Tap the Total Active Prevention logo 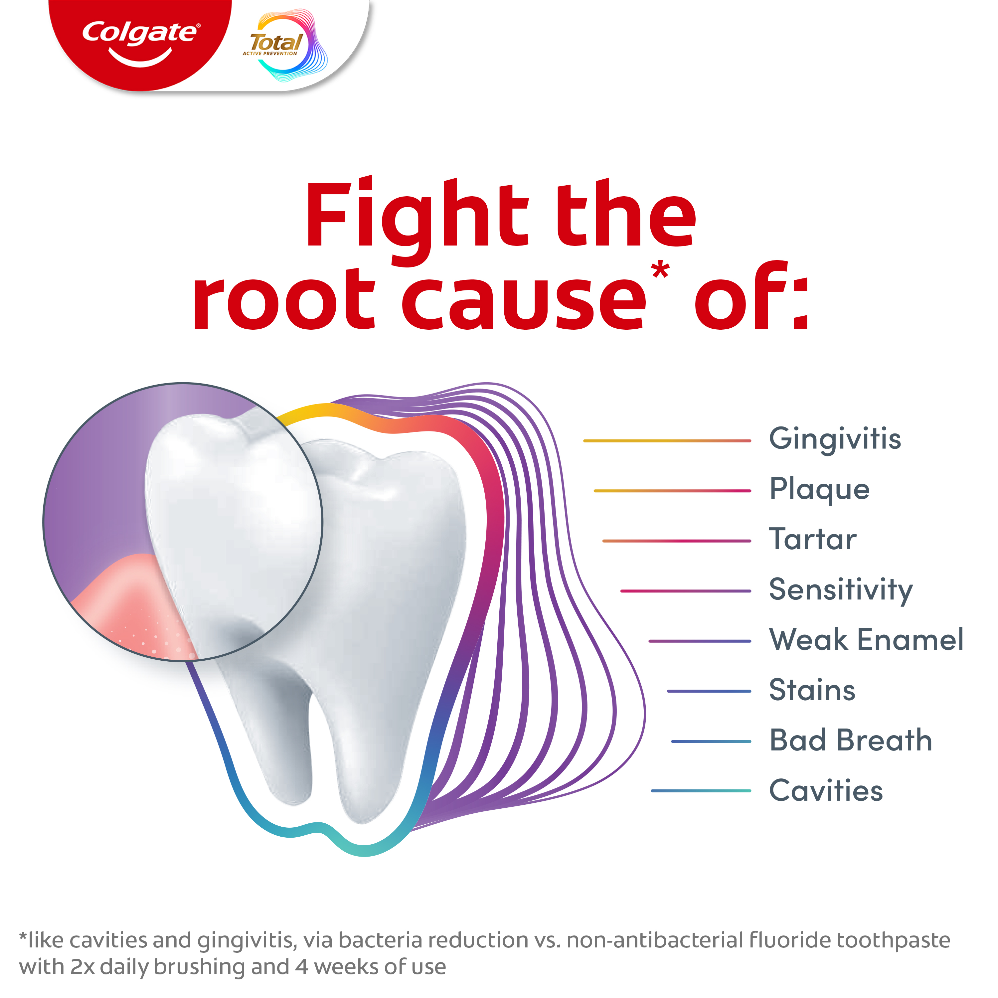coord(284,46)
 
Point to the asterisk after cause coord(660,270)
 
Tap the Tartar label coord(813,540)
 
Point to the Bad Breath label coord(850,740)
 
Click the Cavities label coord(826,790)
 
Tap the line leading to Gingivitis coord(667,441)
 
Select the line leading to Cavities coord(701,790)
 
